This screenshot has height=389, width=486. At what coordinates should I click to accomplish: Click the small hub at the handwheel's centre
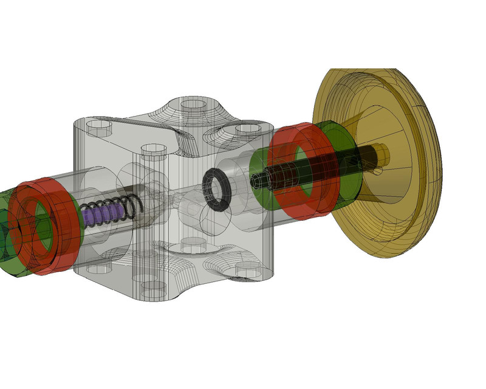(382, 156)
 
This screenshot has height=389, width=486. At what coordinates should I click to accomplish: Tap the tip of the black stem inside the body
(255, 181)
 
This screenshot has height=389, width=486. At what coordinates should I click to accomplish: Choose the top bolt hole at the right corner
(247, 128)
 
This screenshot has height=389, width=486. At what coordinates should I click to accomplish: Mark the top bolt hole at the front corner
(153, 148)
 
